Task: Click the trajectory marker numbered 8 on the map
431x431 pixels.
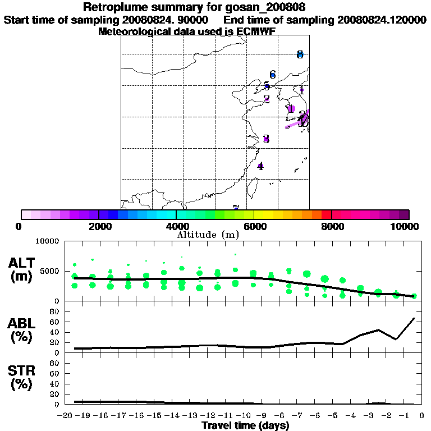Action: [300, 54]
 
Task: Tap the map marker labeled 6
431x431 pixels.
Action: [273, 75]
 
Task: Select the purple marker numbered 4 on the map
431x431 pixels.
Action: [260, 166]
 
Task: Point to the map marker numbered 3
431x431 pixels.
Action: [266, 139]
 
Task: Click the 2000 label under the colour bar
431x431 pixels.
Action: [99, 226]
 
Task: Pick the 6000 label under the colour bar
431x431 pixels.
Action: [254, 226]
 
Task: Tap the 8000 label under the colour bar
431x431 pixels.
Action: [332, 226]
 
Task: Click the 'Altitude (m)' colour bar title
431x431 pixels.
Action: [208, 235]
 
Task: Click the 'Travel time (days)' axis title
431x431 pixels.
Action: [245, 425]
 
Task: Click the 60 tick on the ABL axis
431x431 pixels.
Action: [55, 322]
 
